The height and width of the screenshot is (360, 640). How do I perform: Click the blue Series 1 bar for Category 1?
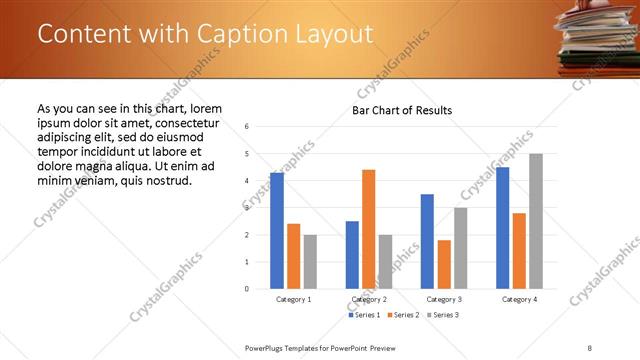[x=277, y=231]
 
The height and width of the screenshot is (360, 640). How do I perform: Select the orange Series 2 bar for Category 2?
[x=369, y=229]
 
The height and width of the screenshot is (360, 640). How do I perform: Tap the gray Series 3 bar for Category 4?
[x=536, y=221]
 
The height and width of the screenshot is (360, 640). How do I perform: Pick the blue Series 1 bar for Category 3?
[x=427, y=241]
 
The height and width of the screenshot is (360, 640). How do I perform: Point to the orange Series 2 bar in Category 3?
[x=444, y=264]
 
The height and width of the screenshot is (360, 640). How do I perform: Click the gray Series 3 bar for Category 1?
[x=310, y=262]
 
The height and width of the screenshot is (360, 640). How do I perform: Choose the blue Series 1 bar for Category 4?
[x=502, y=228]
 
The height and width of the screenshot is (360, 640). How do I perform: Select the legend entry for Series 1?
[x=365, y=316]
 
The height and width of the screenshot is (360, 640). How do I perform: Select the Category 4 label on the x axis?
[x=519, y=299]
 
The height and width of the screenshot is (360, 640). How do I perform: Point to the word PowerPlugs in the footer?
[x=267, y=347]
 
